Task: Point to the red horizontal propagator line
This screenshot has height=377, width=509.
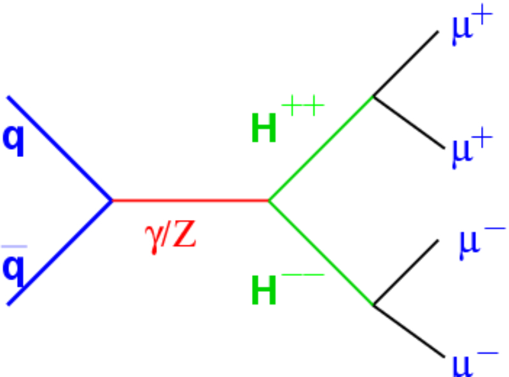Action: (191, 201)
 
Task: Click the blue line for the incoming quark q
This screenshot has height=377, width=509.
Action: (60, 149)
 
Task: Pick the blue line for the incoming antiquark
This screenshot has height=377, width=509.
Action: (60, 252)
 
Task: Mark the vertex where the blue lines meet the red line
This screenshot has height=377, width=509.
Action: (113, 201)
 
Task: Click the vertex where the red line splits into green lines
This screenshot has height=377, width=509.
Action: (269, 201)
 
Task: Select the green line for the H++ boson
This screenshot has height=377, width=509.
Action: (321, 149)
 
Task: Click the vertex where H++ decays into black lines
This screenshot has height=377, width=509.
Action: (373, 97)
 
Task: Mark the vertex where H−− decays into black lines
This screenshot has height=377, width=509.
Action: (373, 306)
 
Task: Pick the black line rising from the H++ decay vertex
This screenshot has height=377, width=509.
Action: (406, 64)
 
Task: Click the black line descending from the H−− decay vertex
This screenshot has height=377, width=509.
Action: (407, 331)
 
